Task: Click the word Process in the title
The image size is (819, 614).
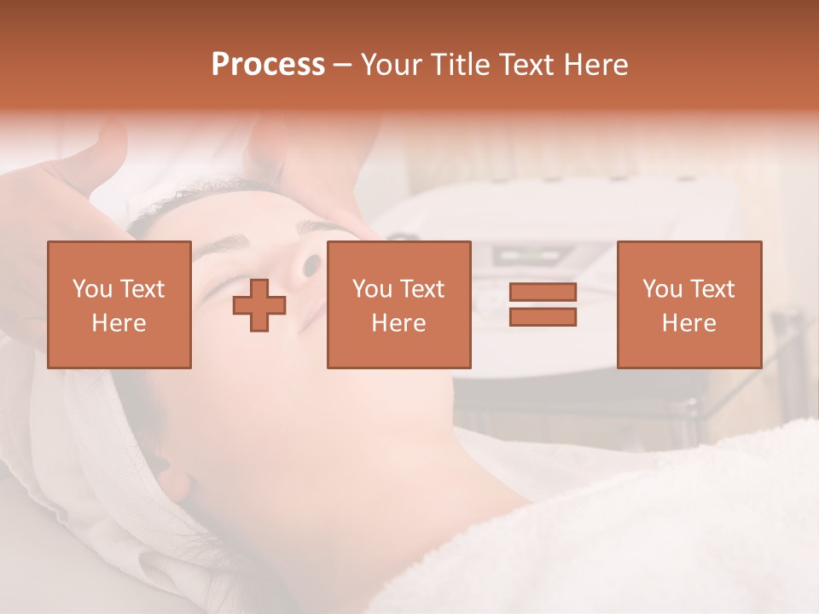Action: tap(268, 65)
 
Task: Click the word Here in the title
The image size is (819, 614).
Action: tap(595, 65)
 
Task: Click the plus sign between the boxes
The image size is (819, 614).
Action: tap(259, 305)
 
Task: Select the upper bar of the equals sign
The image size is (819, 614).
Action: tap(543, 293)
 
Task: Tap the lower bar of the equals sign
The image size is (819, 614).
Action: tap(543, 316)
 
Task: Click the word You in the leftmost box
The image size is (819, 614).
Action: tap(91, 289)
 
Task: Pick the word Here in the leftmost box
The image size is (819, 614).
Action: tap(119, 323)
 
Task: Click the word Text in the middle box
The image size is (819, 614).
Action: tap(422, 289)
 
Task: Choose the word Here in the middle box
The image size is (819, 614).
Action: tap(398, 323)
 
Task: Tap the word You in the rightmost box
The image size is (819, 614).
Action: tap(662, 289)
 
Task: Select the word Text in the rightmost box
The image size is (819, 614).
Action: tap(712, 289)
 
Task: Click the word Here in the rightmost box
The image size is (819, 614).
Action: tap(688, 323)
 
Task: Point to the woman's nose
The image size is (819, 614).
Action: tap(303, 266)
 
